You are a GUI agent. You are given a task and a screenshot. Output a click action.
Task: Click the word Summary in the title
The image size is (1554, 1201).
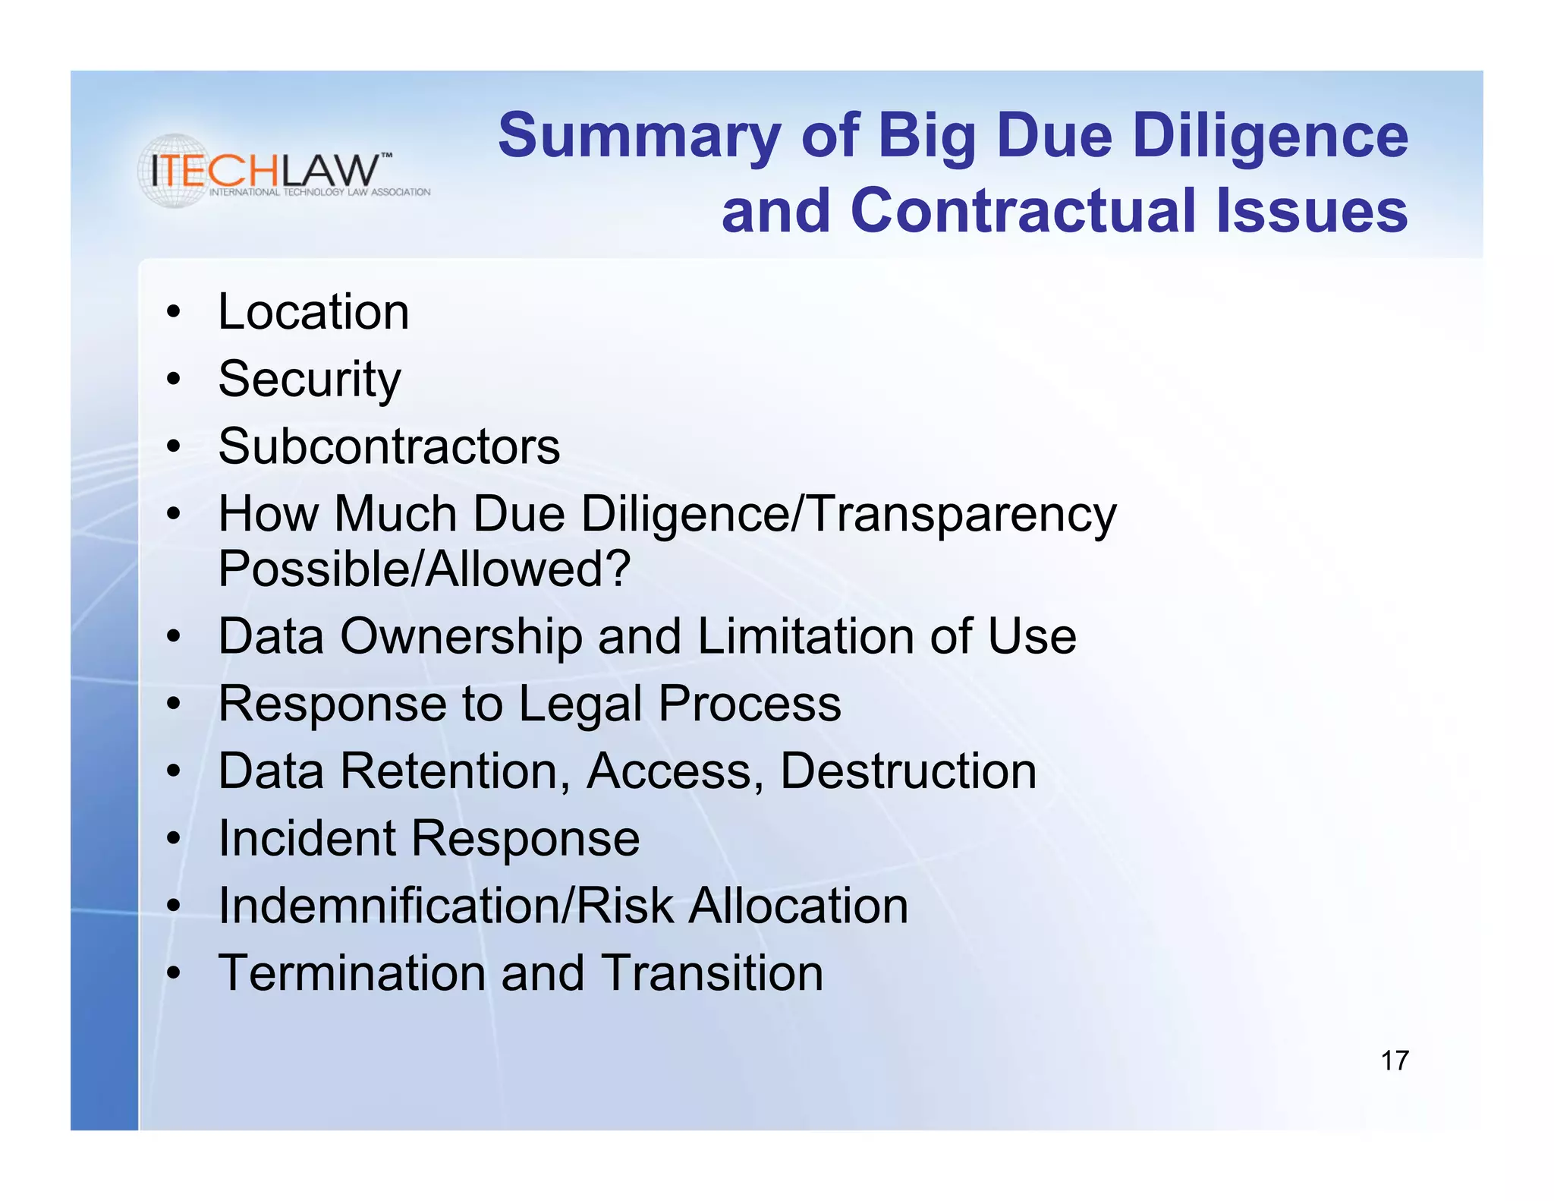pyautogui.click(x=640, y=137)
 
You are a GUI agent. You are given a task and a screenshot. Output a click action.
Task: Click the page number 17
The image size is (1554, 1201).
pyautogui.click(x=1395, y=1061)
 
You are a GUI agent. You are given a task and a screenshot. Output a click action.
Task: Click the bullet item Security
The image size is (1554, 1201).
pyautogui.click(x=309, y=380)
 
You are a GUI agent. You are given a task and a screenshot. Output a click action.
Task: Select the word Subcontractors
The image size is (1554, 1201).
pyautogui.click(x=388, y=446)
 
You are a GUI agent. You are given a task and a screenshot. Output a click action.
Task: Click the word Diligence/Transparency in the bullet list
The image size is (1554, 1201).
pyautogui.click(x=848, y=515)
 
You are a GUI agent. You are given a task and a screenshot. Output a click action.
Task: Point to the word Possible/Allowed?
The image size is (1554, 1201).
pyautogui.click(x=424, y=569)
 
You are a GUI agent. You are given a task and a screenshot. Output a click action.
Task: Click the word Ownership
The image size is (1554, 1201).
pyautogui.click(x=461, y=636)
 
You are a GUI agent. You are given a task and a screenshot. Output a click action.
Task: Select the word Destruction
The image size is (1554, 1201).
pyautogui.click(x=908, y=771)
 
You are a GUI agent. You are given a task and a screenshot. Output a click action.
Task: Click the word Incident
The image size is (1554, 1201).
pyautogui.click(x=307, y=838)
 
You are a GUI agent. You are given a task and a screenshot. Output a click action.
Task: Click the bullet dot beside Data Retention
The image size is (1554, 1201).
pyautogui.click(x=175, y=772)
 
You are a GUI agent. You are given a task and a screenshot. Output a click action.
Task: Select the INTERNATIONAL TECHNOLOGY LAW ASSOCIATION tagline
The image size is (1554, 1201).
pyautogui.click(x=319, y=192)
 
